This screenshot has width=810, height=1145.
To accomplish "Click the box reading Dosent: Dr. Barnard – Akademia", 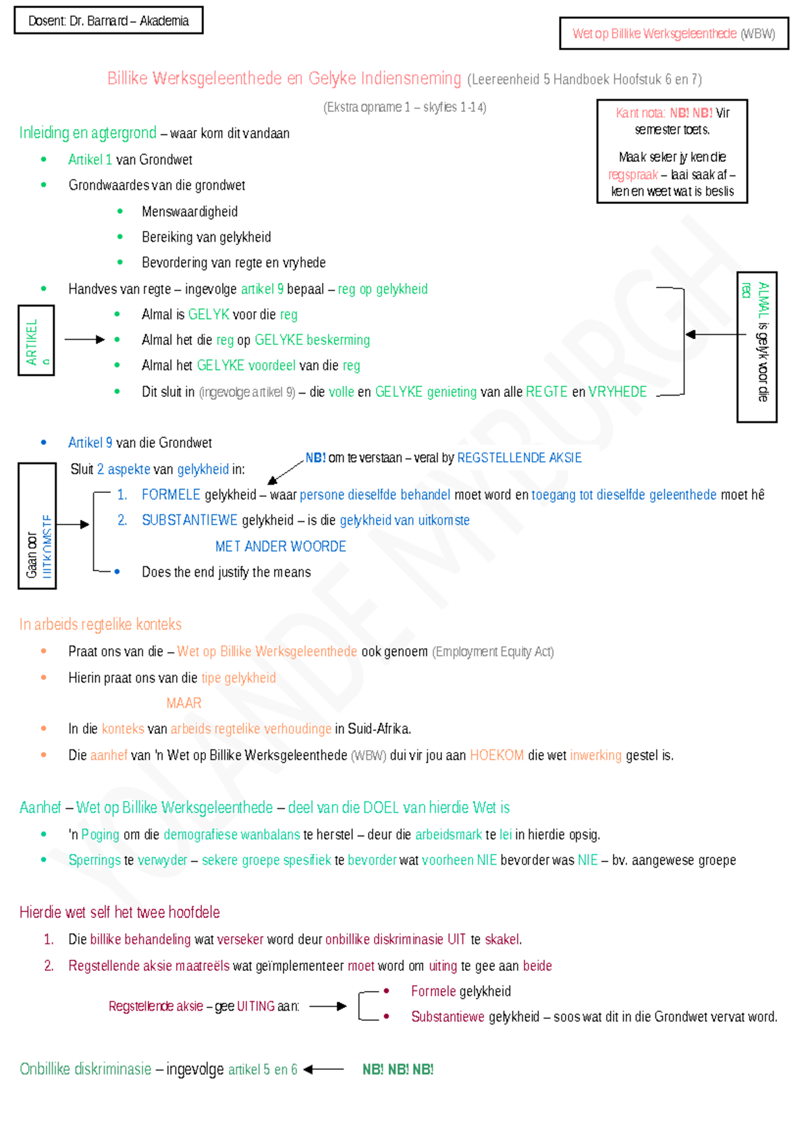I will pos(109,21).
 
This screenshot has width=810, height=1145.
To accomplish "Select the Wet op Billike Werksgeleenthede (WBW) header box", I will pos(674,34).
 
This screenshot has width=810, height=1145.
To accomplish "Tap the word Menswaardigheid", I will pos(190,212).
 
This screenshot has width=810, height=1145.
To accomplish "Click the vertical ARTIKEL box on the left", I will pos(36,340).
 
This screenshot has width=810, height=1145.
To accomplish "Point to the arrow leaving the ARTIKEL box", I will pos(84,340).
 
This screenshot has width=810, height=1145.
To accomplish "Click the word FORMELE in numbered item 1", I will pos(171,495).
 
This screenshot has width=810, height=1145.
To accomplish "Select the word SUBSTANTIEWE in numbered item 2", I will pos(190,521).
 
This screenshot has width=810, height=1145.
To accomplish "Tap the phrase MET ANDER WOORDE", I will pos(280,546).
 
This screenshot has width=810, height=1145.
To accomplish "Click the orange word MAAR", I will pos(184,703).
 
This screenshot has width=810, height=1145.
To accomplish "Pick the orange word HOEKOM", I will pos(497,755).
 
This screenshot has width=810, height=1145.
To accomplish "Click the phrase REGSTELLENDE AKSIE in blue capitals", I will pos(519,458).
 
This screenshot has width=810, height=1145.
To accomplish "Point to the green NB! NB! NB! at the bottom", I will pos(398,1069).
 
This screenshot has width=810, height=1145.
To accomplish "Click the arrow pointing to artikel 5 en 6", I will pos(324,1069).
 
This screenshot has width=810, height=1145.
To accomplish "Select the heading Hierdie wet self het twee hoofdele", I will pos(119,913).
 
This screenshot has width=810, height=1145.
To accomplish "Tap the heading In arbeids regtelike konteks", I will pos(101,624).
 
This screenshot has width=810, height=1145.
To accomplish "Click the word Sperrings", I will pos(94,860).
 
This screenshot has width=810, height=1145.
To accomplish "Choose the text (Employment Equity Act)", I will pos(493,652).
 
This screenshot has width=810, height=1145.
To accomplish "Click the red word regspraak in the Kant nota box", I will pos(632,175).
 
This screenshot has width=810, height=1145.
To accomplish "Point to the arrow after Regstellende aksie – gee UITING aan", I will pos(328,1006).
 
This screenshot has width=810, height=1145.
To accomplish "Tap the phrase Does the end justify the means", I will pos(226,572).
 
